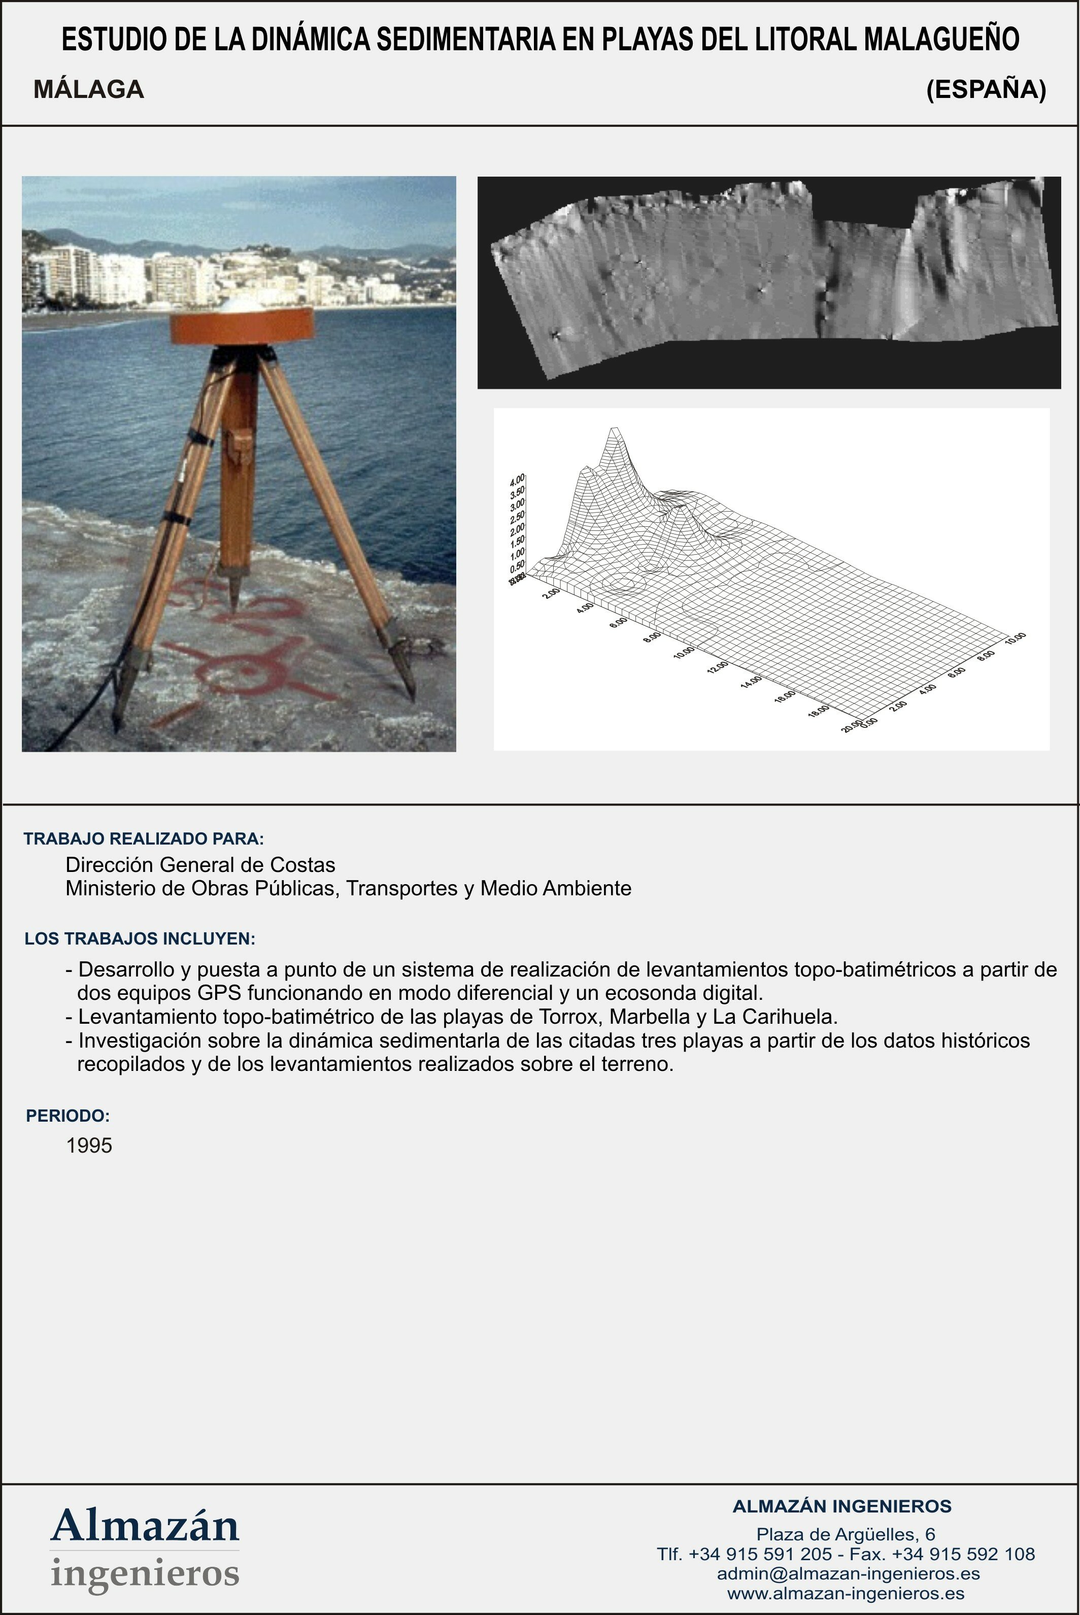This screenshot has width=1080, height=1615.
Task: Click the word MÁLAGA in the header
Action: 89,89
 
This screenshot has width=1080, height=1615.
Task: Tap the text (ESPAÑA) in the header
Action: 986,89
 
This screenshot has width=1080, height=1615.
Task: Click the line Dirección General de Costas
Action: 200,865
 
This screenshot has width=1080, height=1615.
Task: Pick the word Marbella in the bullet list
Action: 650,1017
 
